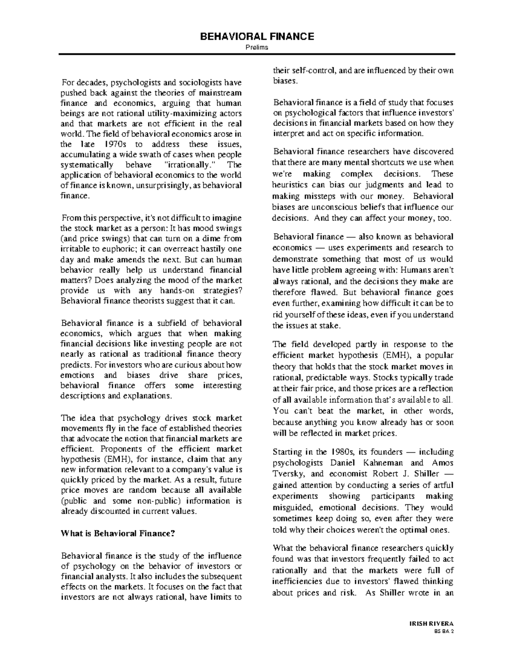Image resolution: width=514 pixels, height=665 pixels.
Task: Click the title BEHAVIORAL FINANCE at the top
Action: click(257, 36)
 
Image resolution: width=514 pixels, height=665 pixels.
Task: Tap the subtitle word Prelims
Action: click(257, 48)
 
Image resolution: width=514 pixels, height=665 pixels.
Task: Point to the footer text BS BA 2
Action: click(444, 631)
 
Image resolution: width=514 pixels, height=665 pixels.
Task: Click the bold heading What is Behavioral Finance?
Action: click(118, 534)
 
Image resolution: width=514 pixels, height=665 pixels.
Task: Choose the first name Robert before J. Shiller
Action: click(387, 474)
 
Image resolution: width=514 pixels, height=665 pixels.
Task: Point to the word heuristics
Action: click(290, 185)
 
